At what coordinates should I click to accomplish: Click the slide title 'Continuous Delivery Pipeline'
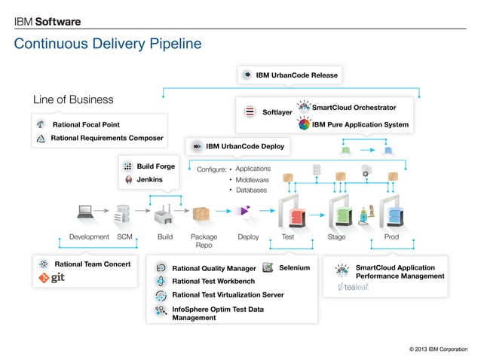tap(108, 44)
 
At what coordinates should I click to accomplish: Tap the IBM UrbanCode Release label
tap(296, 75)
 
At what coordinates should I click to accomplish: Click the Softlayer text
tap(277, 112)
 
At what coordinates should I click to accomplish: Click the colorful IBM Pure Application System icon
tap(303, 124)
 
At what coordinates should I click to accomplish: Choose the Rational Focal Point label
tap(85, 124)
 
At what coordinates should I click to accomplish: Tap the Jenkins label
tap(149, 180)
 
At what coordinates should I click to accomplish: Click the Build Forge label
tap(155, 166)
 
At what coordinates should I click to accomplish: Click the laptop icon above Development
tap(84, 212)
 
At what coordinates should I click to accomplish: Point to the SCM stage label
tap(125, 236)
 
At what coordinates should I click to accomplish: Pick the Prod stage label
tap(391, 236)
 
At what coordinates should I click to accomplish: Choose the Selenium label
tap(294, 267)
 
